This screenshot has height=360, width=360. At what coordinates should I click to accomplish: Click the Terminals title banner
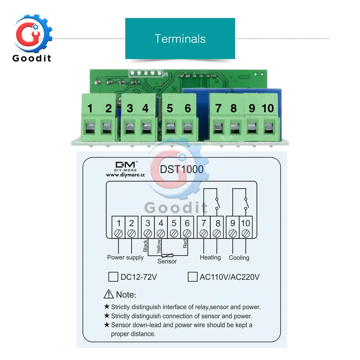click(180, 39)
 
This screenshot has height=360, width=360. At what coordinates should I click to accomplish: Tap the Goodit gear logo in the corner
click(33, 38)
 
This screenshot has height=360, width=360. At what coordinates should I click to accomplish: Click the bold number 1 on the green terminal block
click(90, 108)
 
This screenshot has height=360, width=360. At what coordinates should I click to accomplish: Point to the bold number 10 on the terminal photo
click(268, 108)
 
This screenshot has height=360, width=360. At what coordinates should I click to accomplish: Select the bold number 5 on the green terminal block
click(170, 108)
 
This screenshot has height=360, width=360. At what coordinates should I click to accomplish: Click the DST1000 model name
click(181, 170)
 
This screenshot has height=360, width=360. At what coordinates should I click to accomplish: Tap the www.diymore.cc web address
click(125, 175)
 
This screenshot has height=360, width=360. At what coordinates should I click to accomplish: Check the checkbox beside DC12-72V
click(113, 276)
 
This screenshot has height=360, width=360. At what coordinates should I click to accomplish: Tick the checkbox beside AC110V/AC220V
click(192, 276)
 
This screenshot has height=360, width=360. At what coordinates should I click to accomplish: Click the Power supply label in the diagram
click(125, 258)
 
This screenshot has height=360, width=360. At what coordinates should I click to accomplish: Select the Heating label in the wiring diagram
click(210, 258)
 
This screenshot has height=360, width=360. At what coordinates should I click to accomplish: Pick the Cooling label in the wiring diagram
click(239, 258)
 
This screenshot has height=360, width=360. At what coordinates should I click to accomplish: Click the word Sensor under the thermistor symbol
click(167, 261)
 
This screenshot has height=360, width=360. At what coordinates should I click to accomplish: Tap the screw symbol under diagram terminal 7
click(204, 234)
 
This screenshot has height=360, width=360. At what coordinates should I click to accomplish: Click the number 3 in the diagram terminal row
click(148, 223)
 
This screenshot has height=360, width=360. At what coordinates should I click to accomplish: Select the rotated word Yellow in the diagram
click(159, 246)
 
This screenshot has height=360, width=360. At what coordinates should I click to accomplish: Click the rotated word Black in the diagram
click(145, 246)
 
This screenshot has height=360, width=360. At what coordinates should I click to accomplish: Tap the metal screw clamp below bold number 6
click(188, 129)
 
